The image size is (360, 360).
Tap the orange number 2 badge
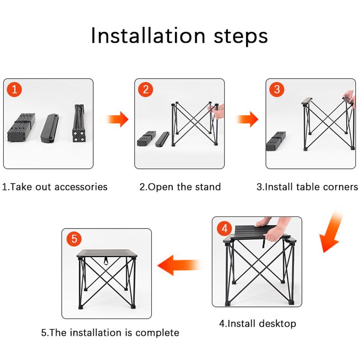(x=145, y=90)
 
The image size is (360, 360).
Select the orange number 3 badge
(x=277, y=89)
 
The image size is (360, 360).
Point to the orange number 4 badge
(x=225, y=229)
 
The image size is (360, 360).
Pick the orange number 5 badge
(x=74, y=238)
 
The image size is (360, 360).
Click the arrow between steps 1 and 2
(x=117, y=119)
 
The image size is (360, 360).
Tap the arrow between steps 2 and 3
(x=247, y=119)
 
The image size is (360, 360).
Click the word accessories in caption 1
(x=81, y=187)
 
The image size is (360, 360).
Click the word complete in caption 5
(x=157, y=333)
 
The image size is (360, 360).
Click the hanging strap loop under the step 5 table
(x=107, y=261)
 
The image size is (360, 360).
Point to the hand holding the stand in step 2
(x=218, y=111)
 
